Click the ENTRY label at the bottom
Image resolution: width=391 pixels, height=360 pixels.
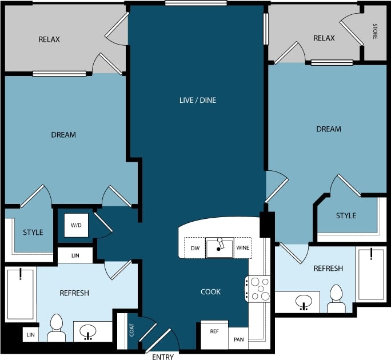[x=163, y=357]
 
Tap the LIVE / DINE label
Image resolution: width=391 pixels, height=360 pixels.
[x=197, y=100]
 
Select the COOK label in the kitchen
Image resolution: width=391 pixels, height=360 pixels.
[x=210, y=291]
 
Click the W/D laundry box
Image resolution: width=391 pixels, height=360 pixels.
[x=76, y=225]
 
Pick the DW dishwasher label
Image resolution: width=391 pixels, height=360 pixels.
[x=194, y=248]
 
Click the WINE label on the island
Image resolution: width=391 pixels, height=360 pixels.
[x=242, y=248]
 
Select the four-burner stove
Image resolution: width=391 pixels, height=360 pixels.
[x=258, y=289]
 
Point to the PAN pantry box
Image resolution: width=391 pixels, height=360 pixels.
[x=238, y=339]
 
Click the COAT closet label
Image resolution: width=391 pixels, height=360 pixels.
[x=131, y=330]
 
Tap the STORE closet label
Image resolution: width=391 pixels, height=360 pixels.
[x=375, y=31]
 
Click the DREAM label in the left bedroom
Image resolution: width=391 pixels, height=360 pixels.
[x=63, y=135]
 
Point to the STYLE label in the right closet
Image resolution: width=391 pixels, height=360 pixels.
[x=346, y=215]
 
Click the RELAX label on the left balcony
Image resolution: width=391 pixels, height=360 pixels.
[x=49, y=39]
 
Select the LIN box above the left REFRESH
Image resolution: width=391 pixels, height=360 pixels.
[x=75, y=255]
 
